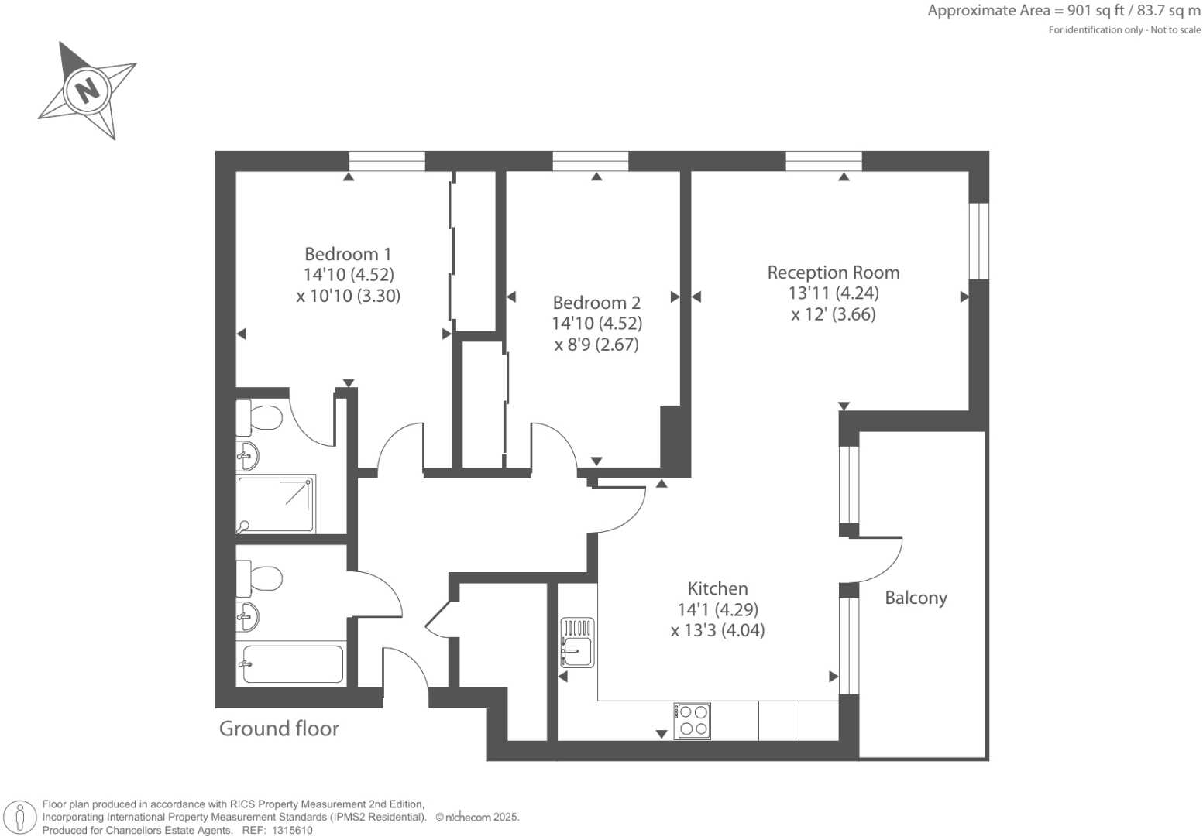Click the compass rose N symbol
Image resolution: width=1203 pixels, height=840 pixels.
tap(87, 90)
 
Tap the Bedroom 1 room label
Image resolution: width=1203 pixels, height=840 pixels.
tap(348, 254)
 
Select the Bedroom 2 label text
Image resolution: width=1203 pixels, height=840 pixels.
tap(596, 303)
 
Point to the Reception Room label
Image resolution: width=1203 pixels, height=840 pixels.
tap(834, 273)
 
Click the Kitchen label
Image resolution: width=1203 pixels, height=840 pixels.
tap(717, 588)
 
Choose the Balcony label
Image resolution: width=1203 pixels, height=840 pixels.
tap(916, 598)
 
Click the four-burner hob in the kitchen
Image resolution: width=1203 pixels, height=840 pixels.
tap(692, 721)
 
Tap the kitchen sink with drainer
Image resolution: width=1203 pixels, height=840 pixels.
tap(576, 643)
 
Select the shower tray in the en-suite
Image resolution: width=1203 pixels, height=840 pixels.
tap(277, 505)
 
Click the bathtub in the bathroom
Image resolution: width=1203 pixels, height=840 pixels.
tap(292, 664)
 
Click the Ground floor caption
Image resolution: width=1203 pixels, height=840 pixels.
tap(279, 729)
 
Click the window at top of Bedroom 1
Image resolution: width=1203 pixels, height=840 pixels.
tap(387, 161)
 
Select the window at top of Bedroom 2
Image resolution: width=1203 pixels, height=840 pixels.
tap(590, 161)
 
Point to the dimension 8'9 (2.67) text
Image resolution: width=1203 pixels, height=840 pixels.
tap(596, 345)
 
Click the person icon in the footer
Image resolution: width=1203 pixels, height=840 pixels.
tap(21, 818)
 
